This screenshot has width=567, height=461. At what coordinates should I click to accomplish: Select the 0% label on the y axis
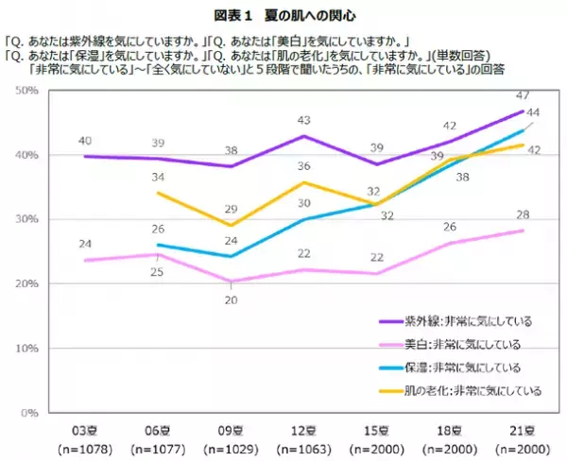[x=29, y=413]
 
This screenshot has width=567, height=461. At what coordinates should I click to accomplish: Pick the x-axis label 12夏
[x=304, y=428]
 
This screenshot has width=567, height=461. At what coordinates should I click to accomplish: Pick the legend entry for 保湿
[x=463, y=366]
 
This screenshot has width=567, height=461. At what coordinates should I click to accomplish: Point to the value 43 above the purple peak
[x=304, y=121]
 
